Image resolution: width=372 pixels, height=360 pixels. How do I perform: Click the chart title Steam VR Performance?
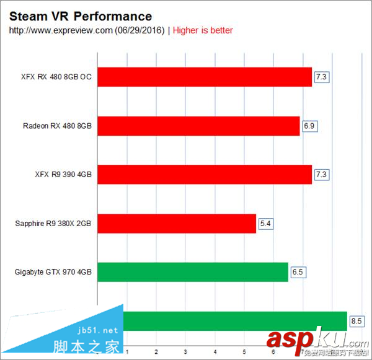81,16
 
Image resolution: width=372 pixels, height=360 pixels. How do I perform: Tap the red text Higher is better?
203,30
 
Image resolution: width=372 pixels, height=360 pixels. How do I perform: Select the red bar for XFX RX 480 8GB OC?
205,77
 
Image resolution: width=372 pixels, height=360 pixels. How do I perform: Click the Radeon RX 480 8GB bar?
198,126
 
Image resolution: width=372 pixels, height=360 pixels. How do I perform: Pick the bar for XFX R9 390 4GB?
205,175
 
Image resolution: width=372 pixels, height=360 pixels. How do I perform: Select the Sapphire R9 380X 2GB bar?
177,223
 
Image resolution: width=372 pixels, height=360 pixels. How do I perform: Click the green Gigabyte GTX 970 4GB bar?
193,272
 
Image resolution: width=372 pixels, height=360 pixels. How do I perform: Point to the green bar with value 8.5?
236,321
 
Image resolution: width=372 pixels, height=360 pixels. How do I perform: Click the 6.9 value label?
309,126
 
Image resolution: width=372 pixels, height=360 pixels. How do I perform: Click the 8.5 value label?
356,321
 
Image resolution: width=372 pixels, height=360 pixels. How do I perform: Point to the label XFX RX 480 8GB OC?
56,77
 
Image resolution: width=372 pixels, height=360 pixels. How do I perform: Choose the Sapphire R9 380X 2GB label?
53,223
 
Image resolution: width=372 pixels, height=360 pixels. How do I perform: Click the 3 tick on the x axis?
185,351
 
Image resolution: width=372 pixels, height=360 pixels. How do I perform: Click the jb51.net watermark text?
99,330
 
